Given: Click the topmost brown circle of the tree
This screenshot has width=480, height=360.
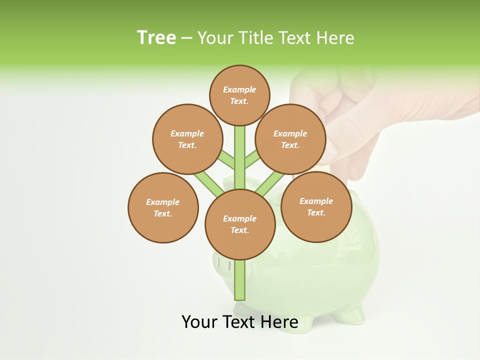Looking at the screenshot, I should [239, 95].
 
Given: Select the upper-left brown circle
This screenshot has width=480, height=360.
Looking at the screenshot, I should [187, 139].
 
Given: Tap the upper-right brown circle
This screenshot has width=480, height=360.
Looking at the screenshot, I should [290, 139].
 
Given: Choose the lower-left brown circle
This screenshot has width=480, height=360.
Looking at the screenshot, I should [163, 207].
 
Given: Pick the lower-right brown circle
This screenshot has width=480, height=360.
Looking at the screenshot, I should [316, 206].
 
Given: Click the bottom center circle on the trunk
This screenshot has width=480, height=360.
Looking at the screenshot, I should [240, 224].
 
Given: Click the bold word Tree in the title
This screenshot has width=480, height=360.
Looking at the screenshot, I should [156, 38].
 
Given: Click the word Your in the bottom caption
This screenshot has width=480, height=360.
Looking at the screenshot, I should [199, 322].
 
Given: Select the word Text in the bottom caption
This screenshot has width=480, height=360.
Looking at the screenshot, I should [238, 322].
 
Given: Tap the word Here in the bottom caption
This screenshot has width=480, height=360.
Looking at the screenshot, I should [279, 322].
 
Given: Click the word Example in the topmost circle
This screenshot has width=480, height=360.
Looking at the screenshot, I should [239, 89].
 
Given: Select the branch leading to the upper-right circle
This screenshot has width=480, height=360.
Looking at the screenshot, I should [252, 160].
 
